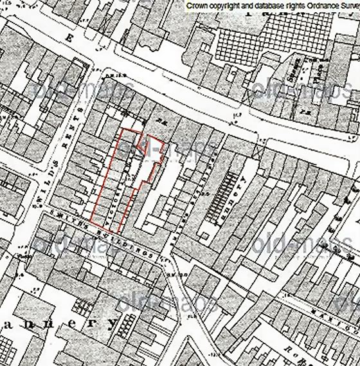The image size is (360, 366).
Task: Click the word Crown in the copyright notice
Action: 196,5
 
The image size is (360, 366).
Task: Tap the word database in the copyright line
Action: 256,5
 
